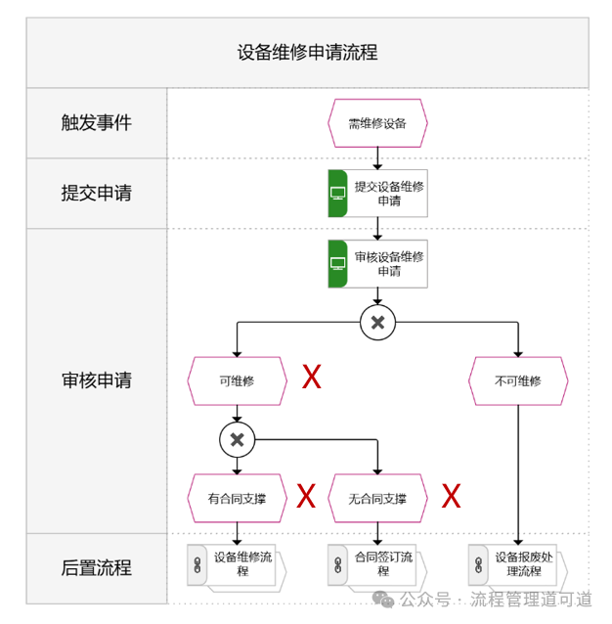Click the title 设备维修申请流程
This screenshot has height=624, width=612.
[307, 53]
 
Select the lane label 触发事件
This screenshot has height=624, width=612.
[96, 123]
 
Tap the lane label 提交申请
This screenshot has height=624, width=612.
[96, 193]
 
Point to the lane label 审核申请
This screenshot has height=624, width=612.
[96, 380]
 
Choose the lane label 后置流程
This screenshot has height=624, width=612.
[96, 567]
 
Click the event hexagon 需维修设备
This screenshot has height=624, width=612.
[377, 123]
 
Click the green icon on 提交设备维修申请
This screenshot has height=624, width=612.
[338, 194]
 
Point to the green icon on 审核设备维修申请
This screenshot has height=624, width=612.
[338, 264]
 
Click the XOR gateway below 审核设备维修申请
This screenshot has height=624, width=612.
[377, 323]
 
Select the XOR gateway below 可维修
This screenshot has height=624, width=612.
[237, 440]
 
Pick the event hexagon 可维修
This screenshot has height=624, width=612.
[237, 380]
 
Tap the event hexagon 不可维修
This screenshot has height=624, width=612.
[518, 380]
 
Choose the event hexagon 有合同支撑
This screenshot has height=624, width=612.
[237, 498]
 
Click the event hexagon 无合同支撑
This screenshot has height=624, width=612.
[377, 498]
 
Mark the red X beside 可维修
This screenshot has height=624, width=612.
[311, 378]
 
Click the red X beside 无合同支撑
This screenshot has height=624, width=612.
[451, 496]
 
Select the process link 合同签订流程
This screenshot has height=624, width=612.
[376, 565]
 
